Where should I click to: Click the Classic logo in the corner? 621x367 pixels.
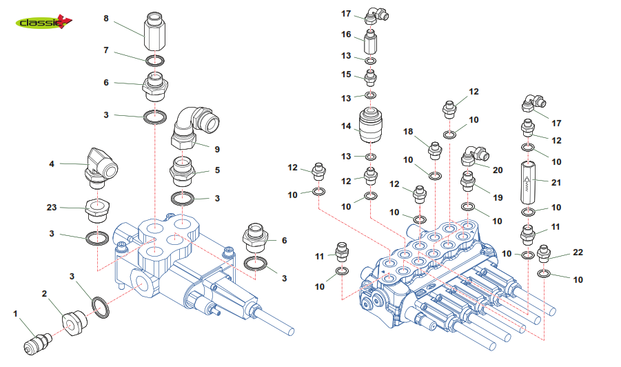tap(43, 23)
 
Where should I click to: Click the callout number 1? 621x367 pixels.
tap(15, 314)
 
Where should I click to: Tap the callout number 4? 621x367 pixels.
tap(52, 164)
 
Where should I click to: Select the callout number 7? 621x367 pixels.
tap(105, 50)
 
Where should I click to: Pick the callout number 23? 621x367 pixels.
tap(51, 207)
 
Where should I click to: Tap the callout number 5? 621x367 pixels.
tap(218, 170)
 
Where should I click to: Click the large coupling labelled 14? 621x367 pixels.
tap(371, 126)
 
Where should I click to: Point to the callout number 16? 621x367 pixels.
tap(346, 34)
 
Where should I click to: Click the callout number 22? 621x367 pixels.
tap(578, 252)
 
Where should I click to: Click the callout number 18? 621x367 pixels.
tap(408, 131)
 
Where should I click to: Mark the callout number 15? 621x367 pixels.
tap(346, 74)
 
